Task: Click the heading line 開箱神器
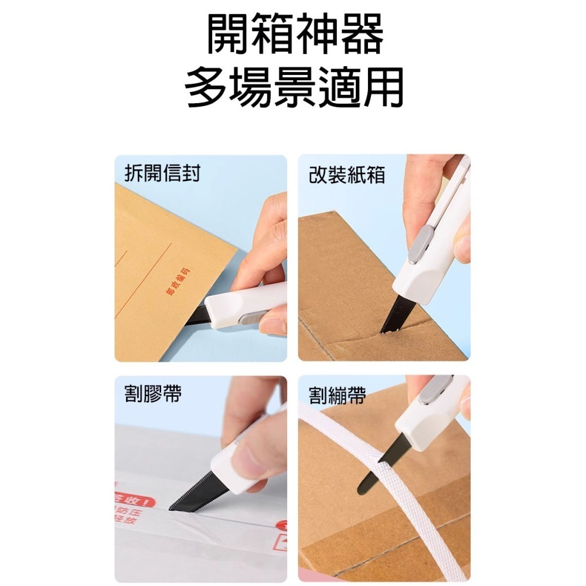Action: pos(295,36)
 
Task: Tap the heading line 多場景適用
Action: pos(295,88)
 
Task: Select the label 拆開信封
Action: pos(162,173)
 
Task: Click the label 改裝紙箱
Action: pos(347,175)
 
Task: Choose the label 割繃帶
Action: pos(338,396)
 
